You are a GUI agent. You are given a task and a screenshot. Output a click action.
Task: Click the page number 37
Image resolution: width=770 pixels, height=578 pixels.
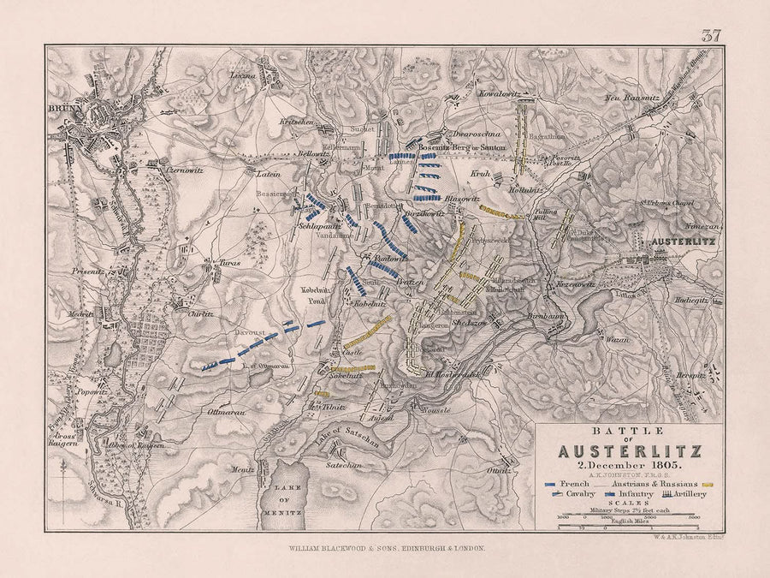[x=711, y=35]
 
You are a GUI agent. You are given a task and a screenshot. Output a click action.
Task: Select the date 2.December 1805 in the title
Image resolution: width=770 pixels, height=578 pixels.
[x=628, y=466]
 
